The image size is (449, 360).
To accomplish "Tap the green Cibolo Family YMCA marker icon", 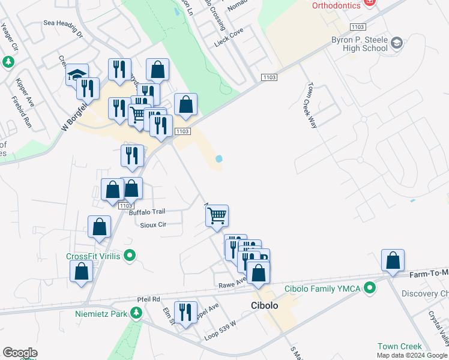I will coord(370,289).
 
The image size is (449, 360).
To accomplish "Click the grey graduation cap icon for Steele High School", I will coord(397,43).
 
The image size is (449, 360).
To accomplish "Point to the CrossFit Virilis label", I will coord(93,256).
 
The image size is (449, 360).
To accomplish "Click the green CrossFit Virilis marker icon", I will coord(128,256).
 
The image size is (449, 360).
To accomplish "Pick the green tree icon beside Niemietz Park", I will coord(137,313).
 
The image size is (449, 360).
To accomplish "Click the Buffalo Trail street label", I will coord(147,212).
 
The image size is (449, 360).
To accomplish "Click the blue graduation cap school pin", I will coord(77,74).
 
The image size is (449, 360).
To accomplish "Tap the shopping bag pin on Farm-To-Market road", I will coord(393,260).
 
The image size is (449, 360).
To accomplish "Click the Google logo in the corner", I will coord(20,353).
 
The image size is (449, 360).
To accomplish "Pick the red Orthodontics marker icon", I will coord(370,3).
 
